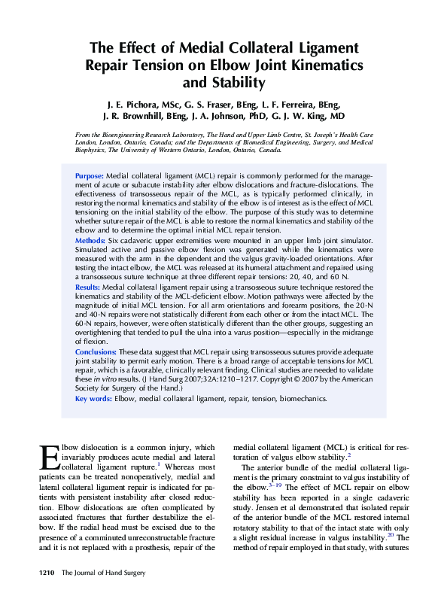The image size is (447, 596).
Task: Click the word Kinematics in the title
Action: pos(324,65)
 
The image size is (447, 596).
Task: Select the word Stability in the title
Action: pos(233,82)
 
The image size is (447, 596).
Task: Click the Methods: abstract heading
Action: pos(90,240)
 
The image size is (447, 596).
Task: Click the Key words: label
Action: pos(93,399)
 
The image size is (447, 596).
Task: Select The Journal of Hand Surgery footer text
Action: pos(102,574)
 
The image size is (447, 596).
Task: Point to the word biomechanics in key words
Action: pos(303,399)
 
